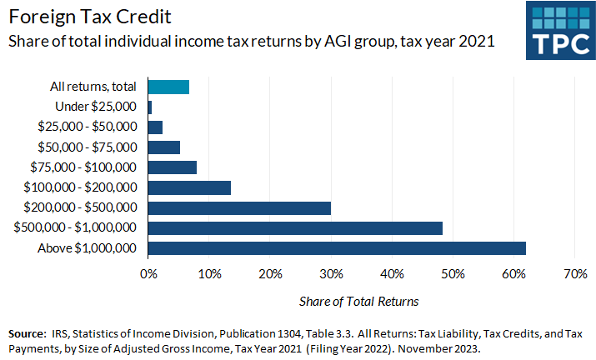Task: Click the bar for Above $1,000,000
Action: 337,247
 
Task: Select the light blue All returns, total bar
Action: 168,87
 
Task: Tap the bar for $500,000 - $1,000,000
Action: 295,227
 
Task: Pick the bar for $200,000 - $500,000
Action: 239,207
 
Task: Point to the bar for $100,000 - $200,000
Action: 189,187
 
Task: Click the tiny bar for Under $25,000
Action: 150,107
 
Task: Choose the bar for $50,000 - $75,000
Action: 164,147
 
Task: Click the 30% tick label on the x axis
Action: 331,273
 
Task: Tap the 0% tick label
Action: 148,273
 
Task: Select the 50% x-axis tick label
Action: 453,273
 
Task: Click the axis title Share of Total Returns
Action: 358,300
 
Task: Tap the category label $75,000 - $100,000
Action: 88,167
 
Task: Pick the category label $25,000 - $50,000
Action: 88,127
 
